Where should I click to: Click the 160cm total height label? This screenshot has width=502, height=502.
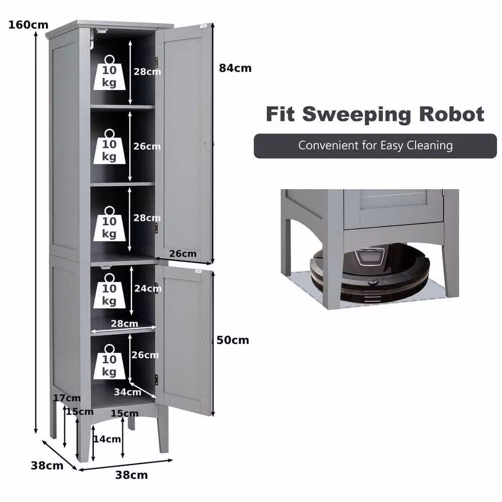pos(28,25)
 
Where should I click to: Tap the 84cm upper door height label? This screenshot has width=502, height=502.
pos(235,68)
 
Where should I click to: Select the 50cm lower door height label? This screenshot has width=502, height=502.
pos(233,340)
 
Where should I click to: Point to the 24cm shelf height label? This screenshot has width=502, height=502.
pos(148,288)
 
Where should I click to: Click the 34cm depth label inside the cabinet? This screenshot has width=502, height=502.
pos(128,392)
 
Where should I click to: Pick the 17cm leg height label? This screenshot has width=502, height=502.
pos(67,398)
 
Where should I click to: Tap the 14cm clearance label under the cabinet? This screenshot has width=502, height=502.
pos(107,439)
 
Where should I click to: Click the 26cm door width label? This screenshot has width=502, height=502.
pos(183,254)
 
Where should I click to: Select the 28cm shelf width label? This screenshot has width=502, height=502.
pos(124,323)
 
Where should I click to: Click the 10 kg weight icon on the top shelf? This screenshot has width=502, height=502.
pos(109,73)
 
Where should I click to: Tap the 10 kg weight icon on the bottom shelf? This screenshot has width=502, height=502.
pos(109,362)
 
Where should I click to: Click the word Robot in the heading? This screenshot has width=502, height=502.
pos(452,114)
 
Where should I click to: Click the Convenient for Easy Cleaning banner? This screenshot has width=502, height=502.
pos(375,146)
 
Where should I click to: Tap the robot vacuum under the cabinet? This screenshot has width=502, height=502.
pos(370,273)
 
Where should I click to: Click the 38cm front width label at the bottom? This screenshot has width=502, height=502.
pos(132,475)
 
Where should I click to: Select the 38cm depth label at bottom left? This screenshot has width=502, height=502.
pos(47,465)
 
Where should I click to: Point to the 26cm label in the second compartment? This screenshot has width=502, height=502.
pos(147,146)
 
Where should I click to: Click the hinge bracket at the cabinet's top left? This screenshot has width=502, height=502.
pos(101,31)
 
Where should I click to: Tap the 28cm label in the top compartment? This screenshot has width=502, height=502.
pos(147,71)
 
